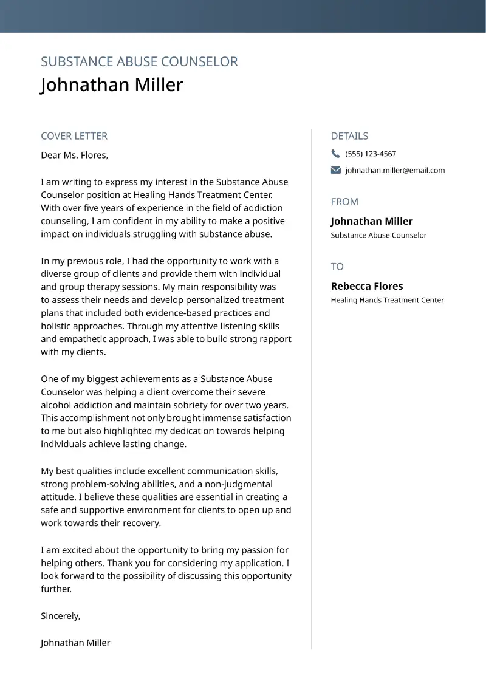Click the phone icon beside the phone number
[x=336, y=154]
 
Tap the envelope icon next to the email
[x=336, y=170]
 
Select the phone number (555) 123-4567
[x=371, y=154]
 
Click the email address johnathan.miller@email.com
[x=395, y=170]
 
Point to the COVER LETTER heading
[x=74, y=136]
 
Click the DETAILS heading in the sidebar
[x=349, y=136]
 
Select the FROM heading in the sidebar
[x=344, y=202]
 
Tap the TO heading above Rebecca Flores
[x=337, y=267]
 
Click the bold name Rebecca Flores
[x=366, y=286]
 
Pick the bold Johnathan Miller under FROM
[x=371, y=221]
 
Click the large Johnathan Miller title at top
[x=112, y=84]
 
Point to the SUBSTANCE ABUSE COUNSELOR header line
[x=139, y=61]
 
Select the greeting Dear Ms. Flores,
[x=74, y=155]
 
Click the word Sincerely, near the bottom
[x=60, y=616]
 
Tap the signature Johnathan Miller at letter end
[x=75, y=643]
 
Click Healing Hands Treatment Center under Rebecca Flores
[x=387, y=300]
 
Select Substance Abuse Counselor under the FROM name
[x=378, y=235]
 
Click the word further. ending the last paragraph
[x=56, y=589]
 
